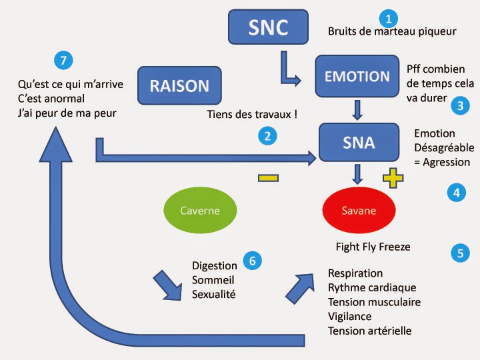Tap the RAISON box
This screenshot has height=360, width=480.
179,85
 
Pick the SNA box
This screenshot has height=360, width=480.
359,142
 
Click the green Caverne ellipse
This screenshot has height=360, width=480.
200,211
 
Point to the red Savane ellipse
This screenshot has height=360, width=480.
359,211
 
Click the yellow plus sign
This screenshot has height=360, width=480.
393,178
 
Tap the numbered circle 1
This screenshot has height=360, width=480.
388,19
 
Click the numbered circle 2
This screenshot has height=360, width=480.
267,137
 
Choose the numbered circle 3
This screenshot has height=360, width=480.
459,105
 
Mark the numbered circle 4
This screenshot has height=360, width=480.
456,193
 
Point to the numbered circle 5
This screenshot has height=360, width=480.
460,253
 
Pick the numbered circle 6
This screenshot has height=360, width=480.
251,260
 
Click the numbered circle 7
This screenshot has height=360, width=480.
63,61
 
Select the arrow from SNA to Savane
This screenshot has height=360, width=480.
358,173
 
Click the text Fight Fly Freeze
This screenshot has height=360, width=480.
373,247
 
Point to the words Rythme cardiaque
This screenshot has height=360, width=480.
372,287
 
